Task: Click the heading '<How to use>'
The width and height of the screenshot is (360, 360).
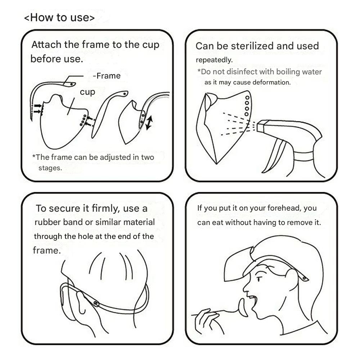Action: [x=59, y=18]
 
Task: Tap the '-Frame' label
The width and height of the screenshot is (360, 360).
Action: [x=107, y=76]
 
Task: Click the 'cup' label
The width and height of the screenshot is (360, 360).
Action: [x=87, y=92]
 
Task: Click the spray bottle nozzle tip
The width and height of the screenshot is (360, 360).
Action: [x=258, y=126]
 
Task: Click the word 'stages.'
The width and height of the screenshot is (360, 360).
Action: [x=50, y=168]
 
